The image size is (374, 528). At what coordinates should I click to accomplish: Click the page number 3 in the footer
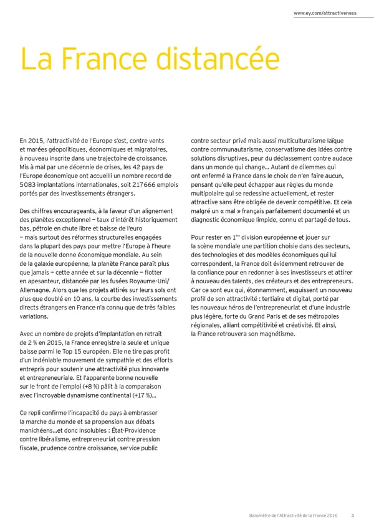353,514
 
